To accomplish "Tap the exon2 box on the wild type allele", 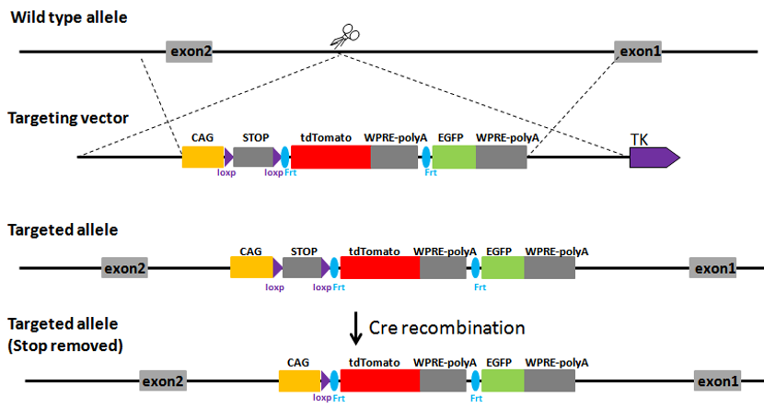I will tap(191, 52).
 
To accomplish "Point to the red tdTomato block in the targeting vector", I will tap(330, 157).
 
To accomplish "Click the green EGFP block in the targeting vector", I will tap(454, 157).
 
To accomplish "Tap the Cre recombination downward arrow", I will tap(355, 328).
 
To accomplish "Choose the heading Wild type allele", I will tap(69, 18).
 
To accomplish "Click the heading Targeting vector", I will tap(68, 118).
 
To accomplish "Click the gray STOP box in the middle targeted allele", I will tap(302, 268).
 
